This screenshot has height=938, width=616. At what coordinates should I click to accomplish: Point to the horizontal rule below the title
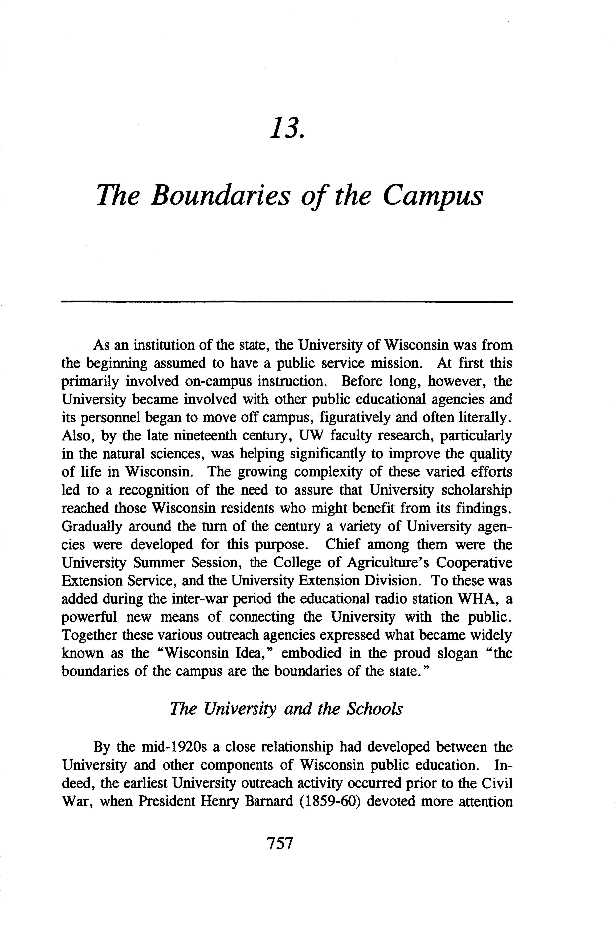coord(287,302)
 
